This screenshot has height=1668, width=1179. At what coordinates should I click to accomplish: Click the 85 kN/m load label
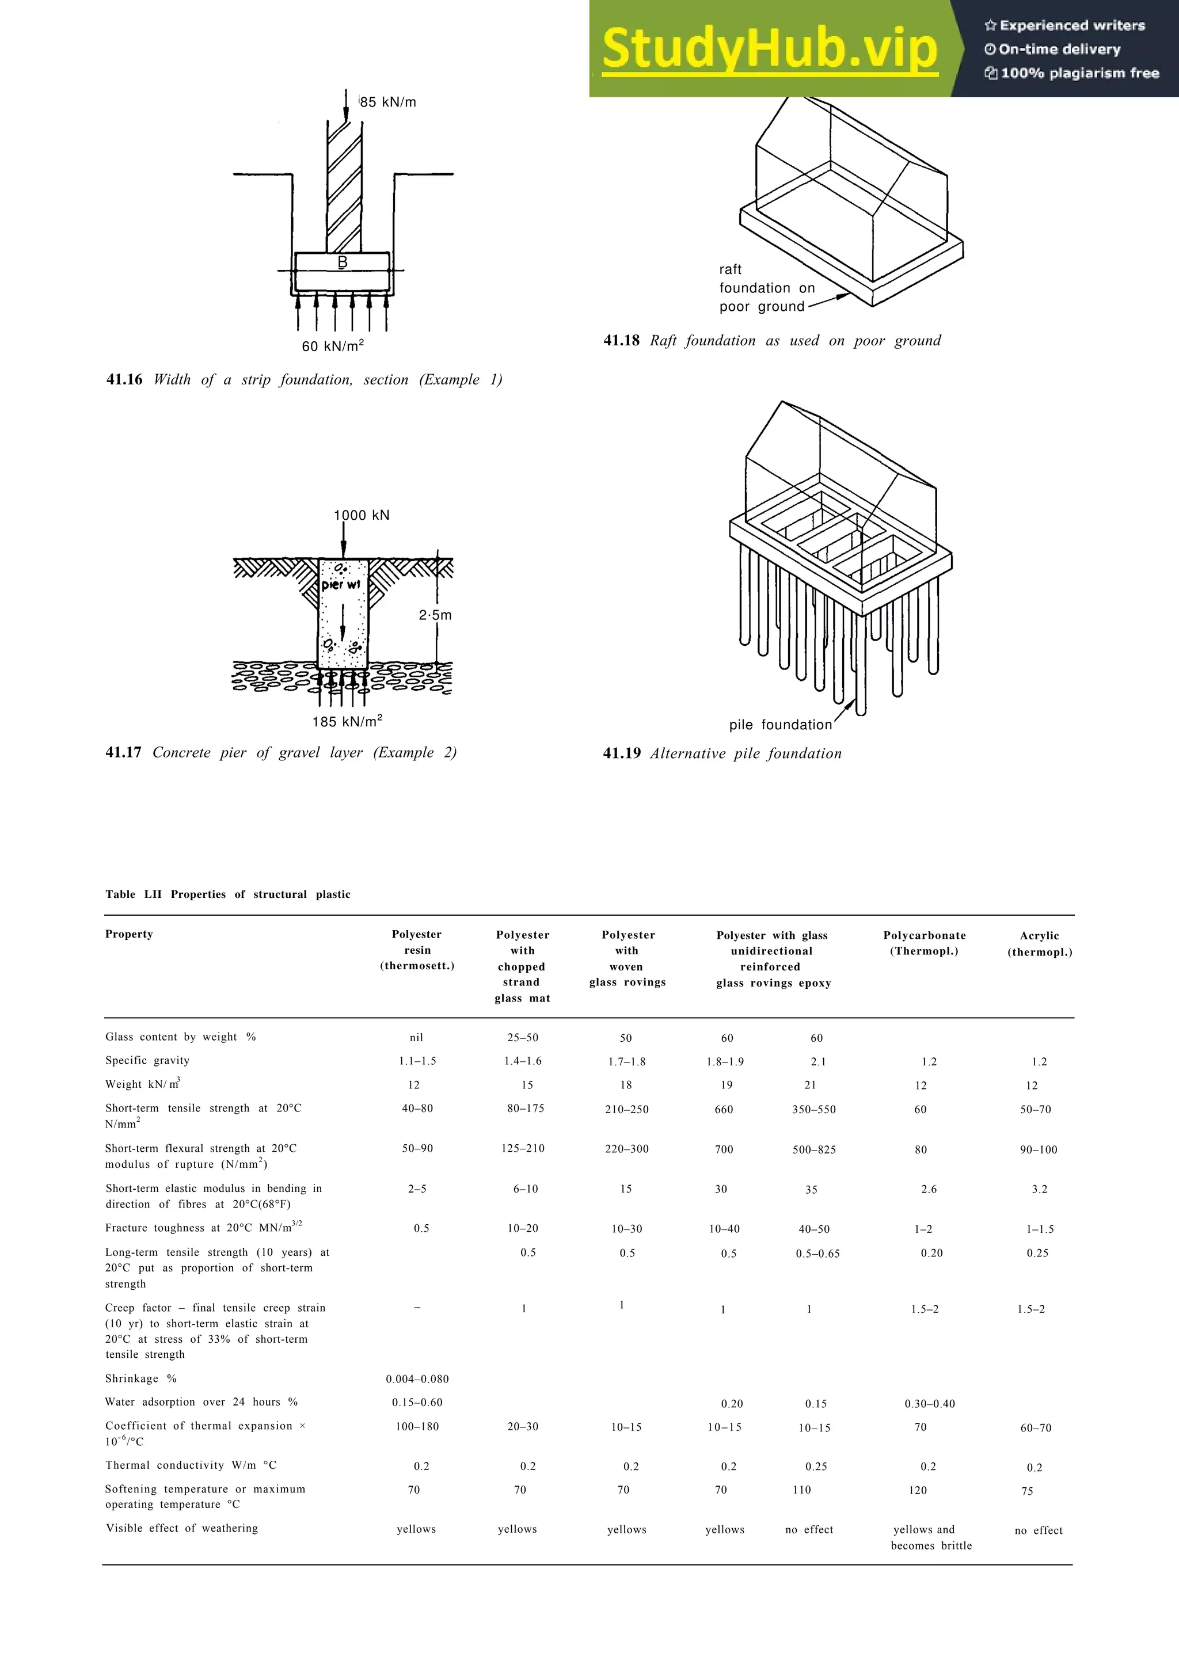[x=388, y=102]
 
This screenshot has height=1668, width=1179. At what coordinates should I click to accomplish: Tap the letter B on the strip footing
[x=342, y=261]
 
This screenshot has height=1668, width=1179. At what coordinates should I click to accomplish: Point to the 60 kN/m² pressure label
[x=333, y=346]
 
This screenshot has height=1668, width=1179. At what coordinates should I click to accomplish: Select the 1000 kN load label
[x=361, y=515]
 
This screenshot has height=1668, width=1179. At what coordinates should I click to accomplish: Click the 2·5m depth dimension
[x=435, y=615]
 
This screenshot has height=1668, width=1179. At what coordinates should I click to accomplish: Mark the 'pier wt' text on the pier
[x=341, y=584]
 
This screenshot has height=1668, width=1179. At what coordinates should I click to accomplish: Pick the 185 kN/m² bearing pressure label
[x=347, y=721]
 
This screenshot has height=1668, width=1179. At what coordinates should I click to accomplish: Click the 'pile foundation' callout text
[x=780, y=724]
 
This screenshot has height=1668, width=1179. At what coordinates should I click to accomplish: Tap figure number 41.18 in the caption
[x=621, y=340]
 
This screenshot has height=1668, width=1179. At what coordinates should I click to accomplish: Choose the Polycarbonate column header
[x=924, y=943]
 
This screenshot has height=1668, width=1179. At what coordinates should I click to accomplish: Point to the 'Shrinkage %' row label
[x=141, y=1378]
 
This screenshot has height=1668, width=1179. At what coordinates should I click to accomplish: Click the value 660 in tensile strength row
[x=724, y=1109]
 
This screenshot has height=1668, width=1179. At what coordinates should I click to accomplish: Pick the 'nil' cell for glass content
[x=416, y=1037]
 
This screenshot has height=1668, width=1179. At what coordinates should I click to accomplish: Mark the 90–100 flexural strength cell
[x=1038, y=1149]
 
